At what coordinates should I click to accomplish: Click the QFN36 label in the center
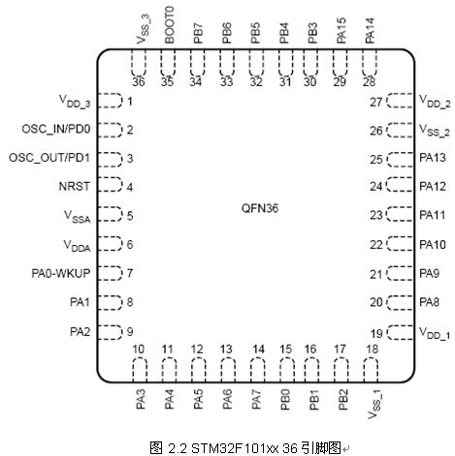click(x=260, y=208)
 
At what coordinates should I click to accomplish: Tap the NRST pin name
click(x=75, y=186)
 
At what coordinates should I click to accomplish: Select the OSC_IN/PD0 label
click(x=56, y=129)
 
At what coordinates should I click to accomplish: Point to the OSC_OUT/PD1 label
click(x=49, y=158)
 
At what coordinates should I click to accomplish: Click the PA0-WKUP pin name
click(x=61, y=273)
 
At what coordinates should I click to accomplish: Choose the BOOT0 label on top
click(x=170, y=25)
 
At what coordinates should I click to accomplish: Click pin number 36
click(x=139, y=81)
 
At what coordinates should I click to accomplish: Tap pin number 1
click(x=130, y=102)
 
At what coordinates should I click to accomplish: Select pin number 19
click(x=376, y=333)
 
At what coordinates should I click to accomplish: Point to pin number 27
click(x=376, y=102)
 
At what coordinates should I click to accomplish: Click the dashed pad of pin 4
click(x=110, y=184)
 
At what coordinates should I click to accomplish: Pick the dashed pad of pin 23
click(x=400, y=214)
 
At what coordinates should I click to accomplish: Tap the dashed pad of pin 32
click(x=256, y=63)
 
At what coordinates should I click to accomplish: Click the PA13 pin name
click(x=433, y=158)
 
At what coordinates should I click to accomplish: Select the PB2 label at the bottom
click(x=342, y=400)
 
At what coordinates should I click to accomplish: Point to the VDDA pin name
click(x=77, y=246)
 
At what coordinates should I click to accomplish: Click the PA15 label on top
click(x=341, y=31)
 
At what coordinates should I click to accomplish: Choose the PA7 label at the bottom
click(x=256, y=400)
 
